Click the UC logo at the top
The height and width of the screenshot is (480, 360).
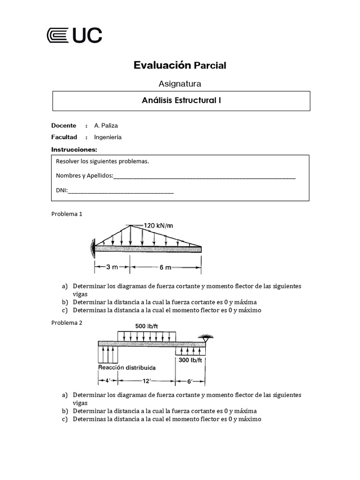pos(75,36)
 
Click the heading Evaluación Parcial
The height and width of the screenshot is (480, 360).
pos(180,65)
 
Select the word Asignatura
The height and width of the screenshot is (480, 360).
pos(180,84)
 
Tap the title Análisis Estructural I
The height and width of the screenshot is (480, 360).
pos(181,100)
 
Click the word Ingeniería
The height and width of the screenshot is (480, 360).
pos(108,137)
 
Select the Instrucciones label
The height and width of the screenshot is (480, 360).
pos(74,150)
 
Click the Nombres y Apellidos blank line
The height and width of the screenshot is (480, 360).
pos(204,177)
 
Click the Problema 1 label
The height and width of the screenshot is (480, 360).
pos(67,214)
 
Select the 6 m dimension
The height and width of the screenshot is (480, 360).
pos(165,267)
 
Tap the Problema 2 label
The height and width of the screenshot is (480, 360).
pos(67,323)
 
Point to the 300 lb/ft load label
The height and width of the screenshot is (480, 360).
pos(190,360)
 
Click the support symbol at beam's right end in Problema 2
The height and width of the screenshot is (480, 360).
pos(205,337)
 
